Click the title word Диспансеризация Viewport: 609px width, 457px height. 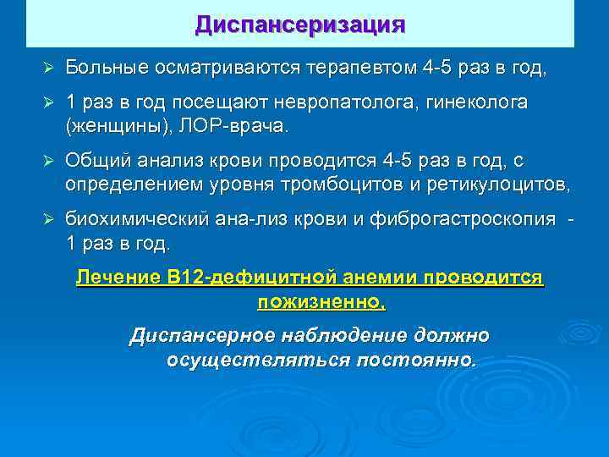[x=300, y=24]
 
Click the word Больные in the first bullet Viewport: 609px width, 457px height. [x=107, y=67]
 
